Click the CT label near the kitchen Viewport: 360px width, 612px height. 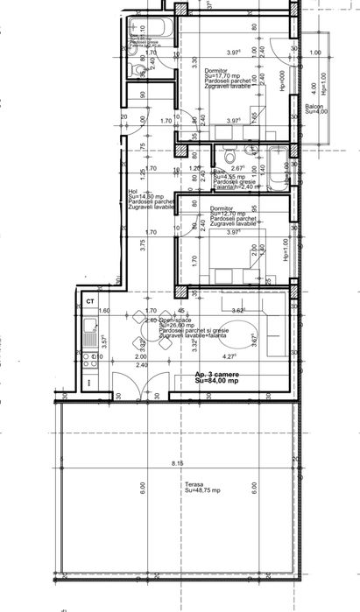click(x=89, y=301)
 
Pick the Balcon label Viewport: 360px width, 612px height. click(x=315, y=105)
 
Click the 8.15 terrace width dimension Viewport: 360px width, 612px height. click(x=178, y=463)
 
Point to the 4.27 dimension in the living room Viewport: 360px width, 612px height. click(x=229, y=357)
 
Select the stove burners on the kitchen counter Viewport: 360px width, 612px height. click(x=89, y=356)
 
